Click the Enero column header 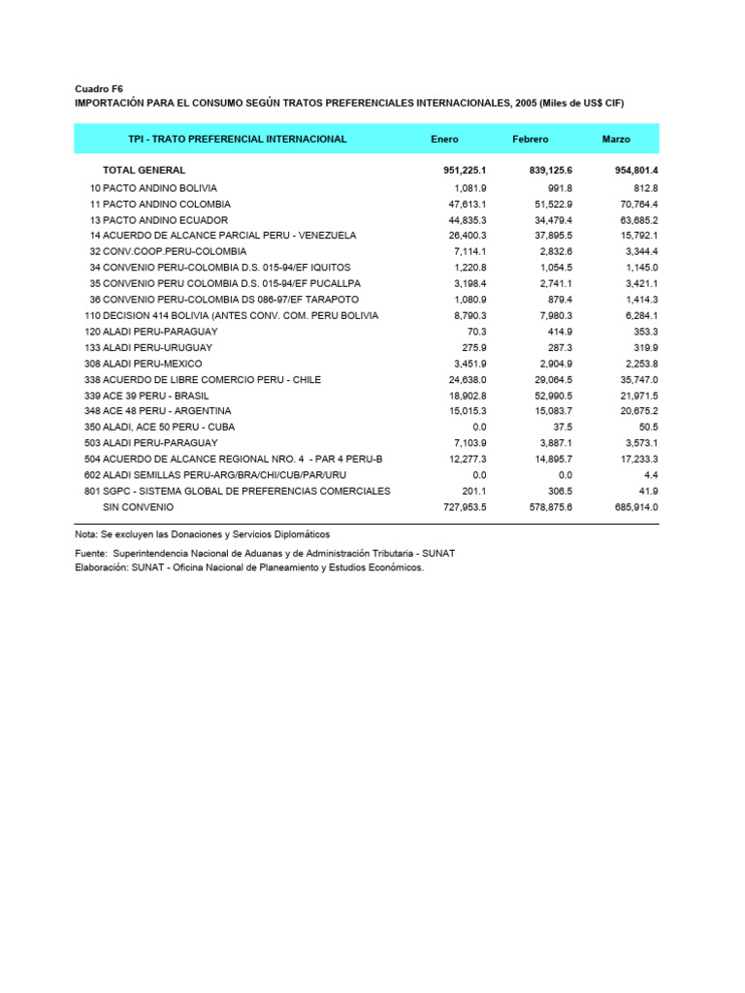(x=444, y=140)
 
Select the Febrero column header (x=531, y=140)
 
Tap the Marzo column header (x=616, y=140)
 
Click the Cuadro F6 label (x=99, y=88)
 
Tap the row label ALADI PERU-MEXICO (x=144, y=364)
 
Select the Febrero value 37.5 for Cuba (x=561, y=427)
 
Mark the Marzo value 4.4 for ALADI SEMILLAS (x=650, y=475)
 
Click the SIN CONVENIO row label (x=138, y=507)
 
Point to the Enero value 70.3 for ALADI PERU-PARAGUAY (x=474, y=332)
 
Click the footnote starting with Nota (x=202, y=534)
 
